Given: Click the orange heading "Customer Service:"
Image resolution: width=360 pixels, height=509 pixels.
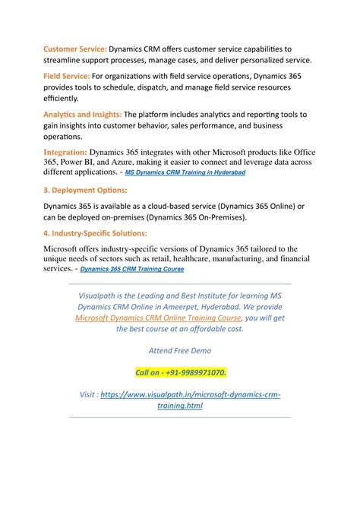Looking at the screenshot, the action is (74, 49).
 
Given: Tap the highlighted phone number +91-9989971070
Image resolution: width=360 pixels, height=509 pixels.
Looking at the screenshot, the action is (180, 372).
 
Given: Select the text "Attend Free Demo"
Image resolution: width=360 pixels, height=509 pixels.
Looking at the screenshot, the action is (180, 351).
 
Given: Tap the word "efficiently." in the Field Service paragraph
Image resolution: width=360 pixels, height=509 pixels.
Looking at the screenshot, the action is (60, 98).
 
